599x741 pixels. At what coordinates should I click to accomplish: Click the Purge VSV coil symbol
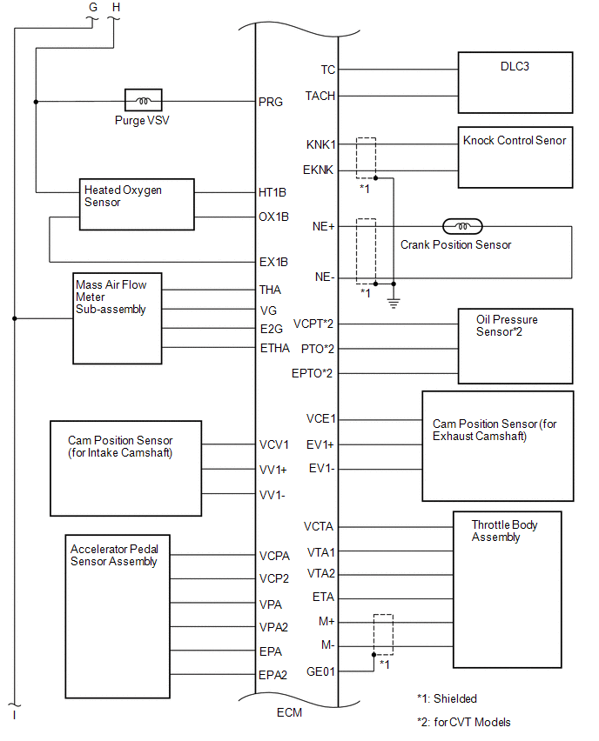(144, 100)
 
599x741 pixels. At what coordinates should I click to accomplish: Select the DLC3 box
(515, 83)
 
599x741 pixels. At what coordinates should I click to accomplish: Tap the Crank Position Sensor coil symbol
(462, 226)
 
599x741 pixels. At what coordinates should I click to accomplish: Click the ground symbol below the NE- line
(394, 303)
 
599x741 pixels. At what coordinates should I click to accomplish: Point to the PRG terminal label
(271, 102)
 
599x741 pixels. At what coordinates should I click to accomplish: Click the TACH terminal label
(320, 96)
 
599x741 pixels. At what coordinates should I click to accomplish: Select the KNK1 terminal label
(320, 144)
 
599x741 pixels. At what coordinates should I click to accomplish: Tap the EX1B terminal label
(273, 263)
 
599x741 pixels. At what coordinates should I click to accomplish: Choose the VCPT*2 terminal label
(313, 324)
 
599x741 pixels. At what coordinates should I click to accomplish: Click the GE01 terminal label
(320, 671)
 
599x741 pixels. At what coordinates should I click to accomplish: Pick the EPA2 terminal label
(273, 675)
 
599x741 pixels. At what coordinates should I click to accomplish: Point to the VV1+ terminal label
(273, 471)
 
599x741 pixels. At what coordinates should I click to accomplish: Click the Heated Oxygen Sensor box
(137, 204)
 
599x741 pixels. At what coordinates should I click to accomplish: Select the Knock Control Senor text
(515, 140)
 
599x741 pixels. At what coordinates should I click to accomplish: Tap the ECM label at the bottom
(289, 712)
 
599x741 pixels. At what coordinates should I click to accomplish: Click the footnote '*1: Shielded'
(447, 699)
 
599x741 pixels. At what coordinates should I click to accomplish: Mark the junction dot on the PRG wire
(36, 102)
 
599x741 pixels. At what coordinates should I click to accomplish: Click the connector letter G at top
(93, 8)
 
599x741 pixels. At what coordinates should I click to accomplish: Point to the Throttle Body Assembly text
(504, 531)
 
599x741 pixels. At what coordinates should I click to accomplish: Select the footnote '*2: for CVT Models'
(464, 723)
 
